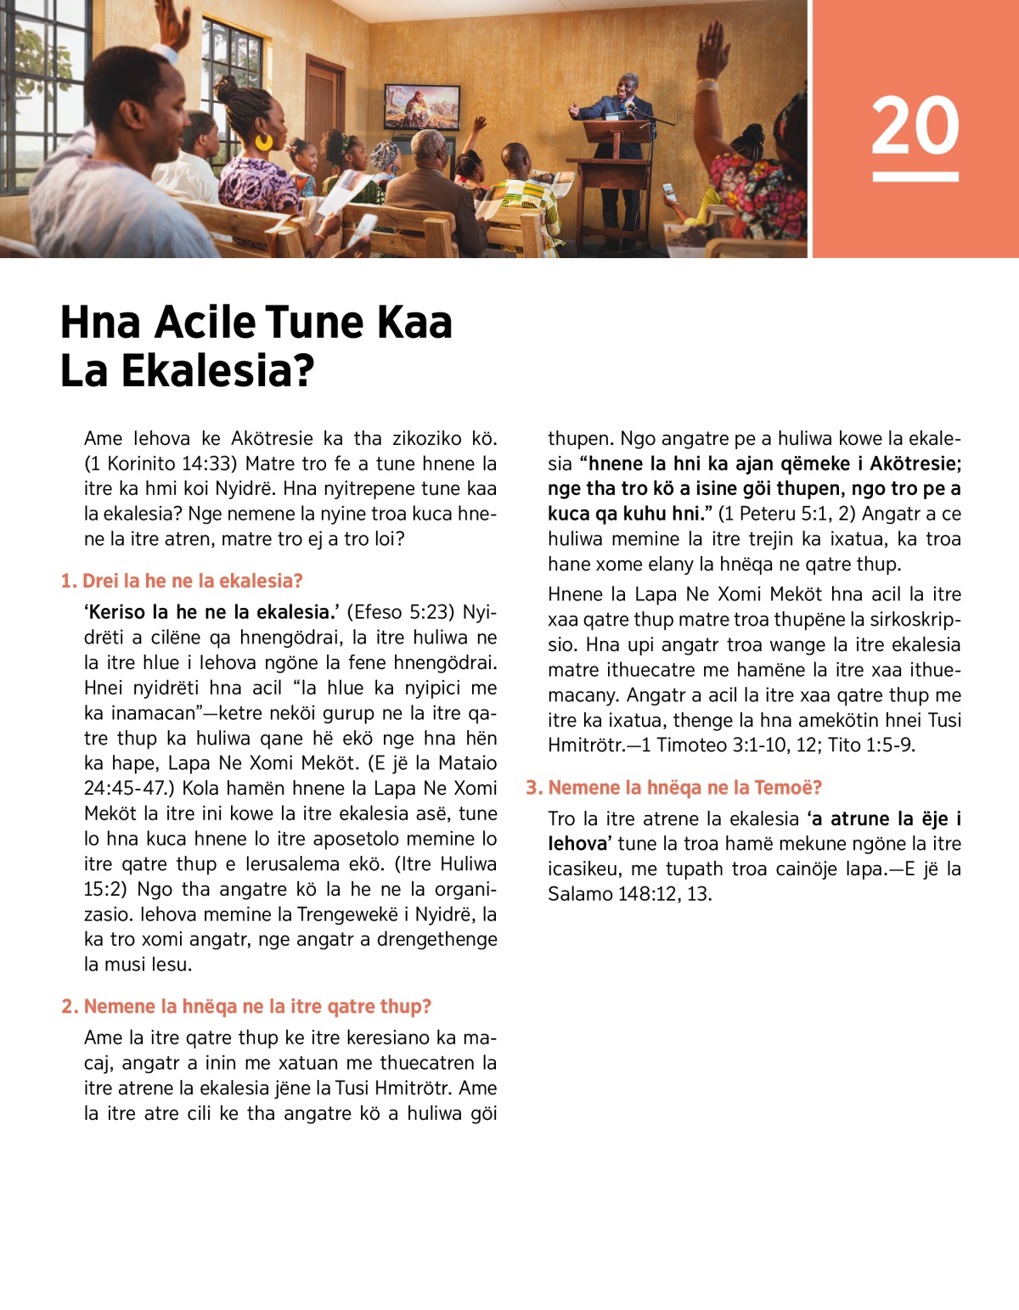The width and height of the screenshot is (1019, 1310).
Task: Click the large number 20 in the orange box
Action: [x=915, y=125]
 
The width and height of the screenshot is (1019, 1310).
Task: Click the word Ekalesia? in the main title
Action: [x=217, y=370]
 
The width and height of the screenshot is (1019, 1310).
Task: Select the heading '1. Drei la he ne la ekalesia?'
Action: [x=182, y=581]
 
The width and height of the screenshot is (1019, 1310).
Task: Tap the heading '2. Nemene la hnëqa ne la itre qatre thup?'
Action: [x=246, y=1006]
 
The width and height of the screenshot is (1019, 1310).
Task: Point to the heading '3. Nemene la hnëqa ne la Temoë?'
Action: [x=674, y=787]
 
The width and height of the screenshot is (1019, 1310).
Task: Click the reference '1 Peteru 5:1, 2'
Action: [x=785, y=514]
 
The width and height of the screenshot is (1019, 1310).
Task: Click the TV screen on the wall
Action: [x=421, y=106]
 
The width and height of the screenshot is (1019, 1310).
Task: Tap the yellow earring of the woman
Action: [x=265, y=141]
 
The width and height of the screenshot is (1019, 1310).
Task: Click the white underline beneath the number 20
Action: [x=915, y=177]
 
